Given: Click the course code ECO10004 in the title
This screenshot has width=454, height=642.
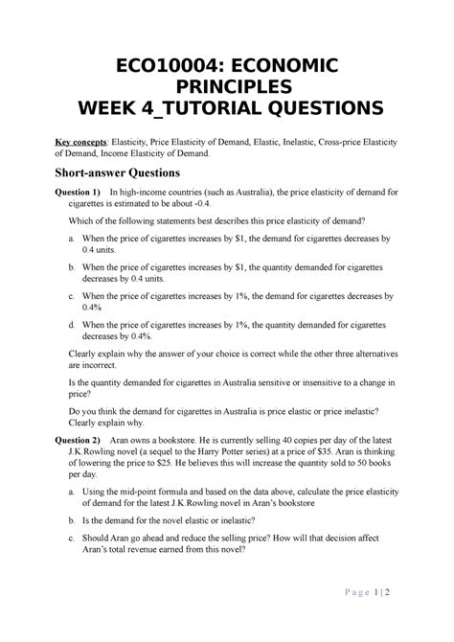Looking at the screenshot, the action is click(x=165, y=64).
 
